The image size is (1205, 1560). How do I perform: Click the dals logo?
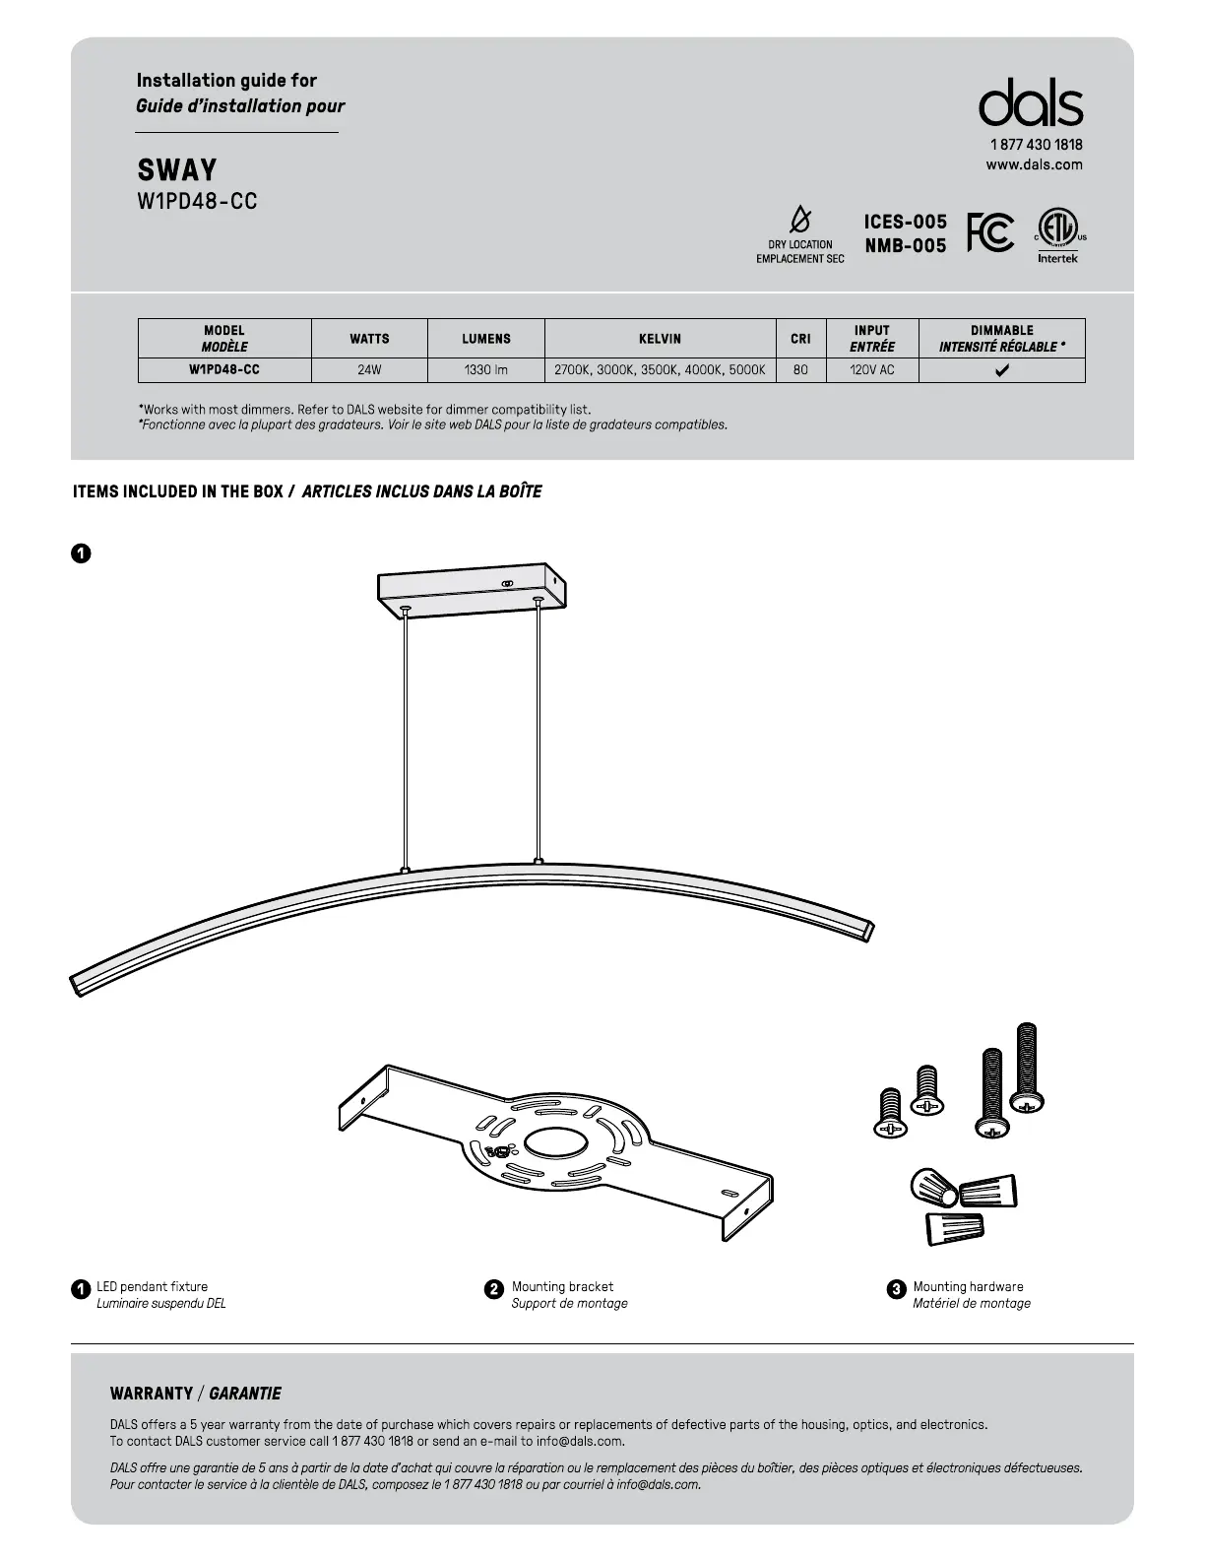point(1030,103)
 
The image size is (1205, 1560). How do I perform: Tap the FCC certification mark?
point(989,232)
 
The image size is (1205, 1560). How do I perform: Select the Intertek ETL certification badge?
point(1058,234)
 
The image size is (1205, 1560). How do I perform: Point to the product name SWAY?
point(177,170)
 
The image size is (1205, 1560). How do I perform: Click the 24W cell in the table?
point(369,370)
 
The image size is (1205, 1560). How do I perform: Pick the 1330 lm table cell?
point(485,370)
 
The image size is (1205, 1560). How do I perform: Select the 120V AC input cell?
point(871,370)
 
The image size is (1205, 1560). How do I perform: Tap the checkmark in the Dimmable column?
point(1001,371)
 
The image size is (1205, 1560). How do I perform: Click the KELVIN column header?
point(660,339)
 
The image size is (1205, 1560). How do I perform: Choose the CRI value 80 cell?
point(800,370)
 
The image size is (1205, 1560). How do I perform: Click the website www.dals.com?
point(1034,164)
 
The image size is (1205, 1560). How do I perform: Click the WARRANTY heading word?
point(152,1394)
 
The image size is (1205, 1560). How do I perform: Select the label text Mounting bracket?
point(562,1286)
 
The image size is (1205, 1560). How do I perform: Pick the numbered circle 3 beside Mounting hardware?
point(896,1288)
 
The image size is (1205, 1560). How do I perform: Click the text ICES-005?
point(905,222)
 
